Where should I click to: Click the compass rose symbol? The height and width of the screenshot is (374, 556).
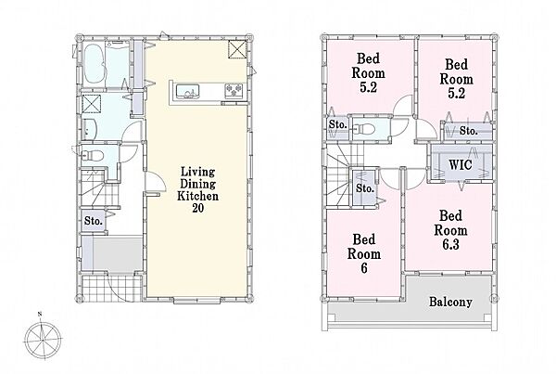43,339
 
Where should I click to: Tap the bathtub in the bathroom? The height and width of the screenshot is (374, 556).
95,64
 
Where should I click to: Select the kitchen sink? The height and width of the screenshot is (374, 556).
188,91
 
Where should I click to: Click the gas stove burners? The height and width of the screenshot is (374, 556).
234,89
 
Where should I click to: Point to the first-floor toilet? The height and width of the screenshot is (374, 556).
92,156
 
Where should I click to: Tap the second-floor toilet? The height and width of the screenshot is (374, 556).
363,129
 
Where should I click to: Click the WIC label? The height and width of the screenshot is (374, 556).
461,165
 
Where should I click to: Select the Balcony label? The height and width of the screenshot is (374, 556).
450,302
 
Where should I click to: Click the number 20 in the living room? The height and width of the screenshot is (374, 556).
198,208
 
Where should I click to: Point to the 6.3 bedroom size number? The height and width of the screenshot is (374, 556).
450,244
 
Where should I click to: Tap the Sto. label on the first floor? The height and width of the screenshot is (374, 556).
94,221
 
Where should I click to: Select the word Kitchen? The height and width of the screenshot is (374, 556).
198,196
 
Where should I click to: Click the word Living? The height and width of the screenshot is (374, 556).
198,172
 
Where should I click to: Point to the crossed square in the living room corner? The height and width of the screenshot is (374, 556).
236,49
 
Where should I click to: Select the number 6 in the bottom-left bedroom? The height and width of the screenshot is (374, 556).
364,268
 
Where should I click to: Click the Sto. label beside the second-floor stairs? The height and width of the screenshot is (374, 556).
365,187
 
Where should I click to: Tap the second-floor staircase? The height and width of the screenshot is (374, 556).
341,177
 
